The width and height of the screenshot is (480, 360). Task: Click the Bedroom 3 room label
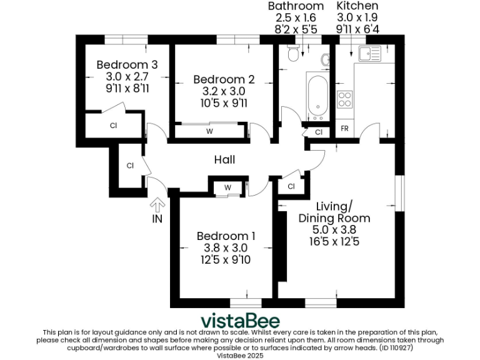[x=127, y=64]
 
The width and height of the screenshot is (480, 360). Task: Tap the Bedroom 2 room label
[x=224, y=79]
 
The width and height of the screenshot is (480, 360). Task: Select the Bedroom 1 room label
[x=226, y=236]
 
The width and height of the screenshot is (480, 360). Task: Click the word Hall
[x=224, y=160]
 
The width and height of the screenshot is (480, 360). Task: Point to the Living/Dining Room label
[x=334, y=212]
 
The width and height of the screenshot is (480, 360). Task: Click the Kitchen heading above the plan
[x=357, y=6]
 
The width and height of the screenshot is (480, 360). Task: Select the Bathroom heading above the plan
[x=296, y=6]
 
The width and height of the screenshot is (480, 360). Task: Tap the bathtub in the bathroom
[x=317, y=96]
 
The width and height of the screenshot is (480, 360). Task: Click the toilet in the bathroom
[x=291, y=55]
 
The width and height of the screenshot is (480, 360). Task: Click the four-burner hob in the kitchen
[x=344, y=98]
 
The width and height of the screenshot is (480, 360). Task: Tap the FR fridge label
[x=344, y=129]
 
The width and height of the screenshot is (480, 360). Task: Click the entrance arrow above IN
[x=157, y=204]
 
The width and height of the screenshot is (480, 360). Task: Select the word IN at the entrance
[x=157, y=219]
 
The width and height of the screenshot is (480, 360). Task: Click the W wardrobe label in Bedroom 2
[x=209, y=131]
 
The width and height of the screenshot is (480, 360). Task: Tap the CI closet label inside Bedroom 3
[x=113, y=126]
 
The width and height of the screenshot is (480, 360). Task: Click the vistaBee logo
[x=239, y=320]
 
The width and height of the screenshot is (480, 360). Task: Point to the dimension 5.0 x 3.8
[x=334, y=229]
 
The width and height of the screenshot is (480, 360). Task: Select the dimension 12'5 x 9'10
[x=226, y=259]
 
